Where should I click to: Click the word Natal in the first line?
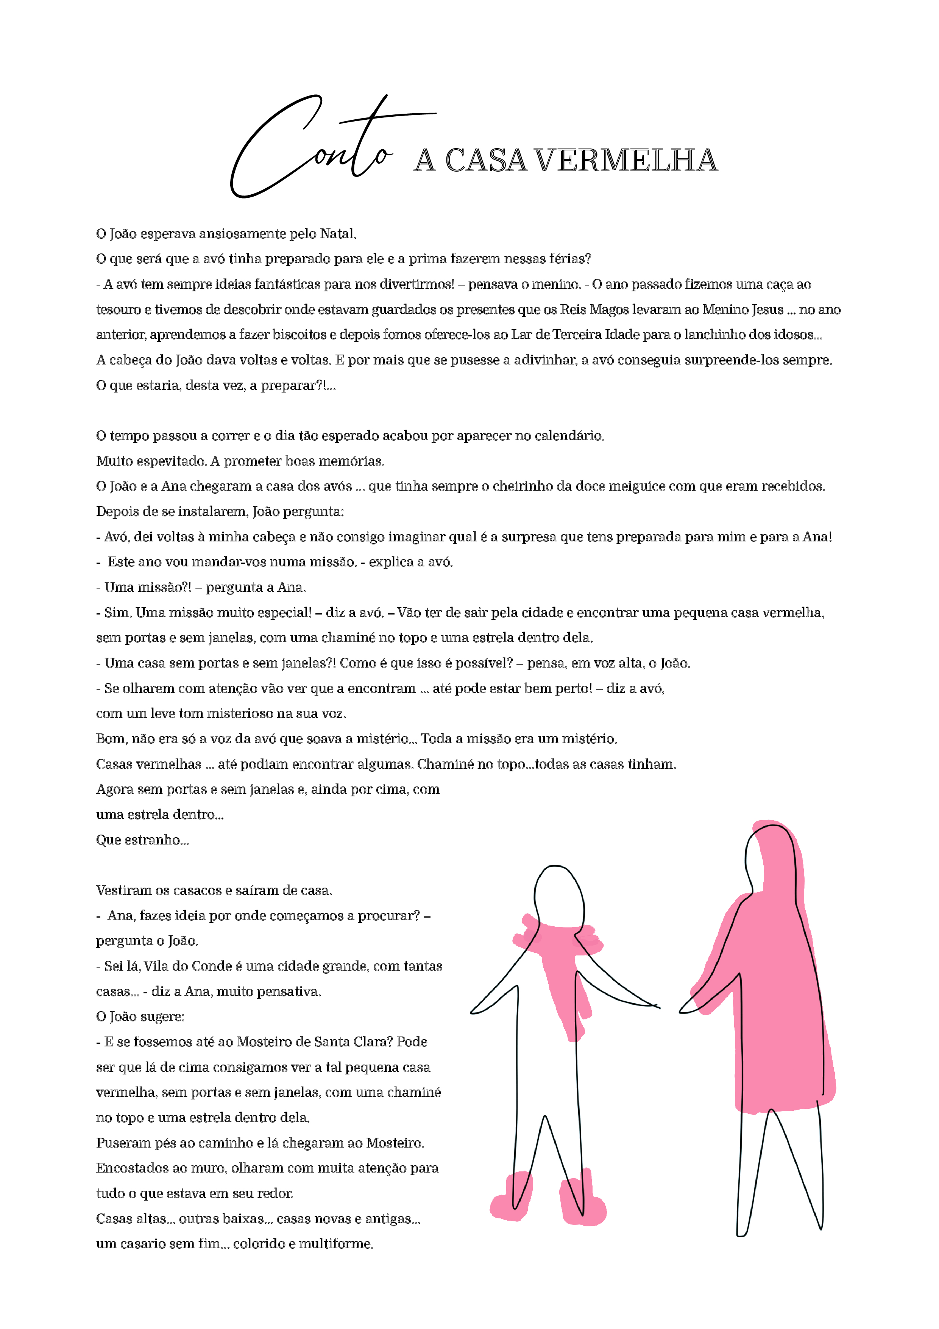[337, 234]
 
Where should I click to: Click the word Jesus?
[767, 310]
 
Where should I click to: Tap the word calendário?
[569, 436]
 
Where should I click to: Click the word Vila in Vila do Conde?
[157, 966]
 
